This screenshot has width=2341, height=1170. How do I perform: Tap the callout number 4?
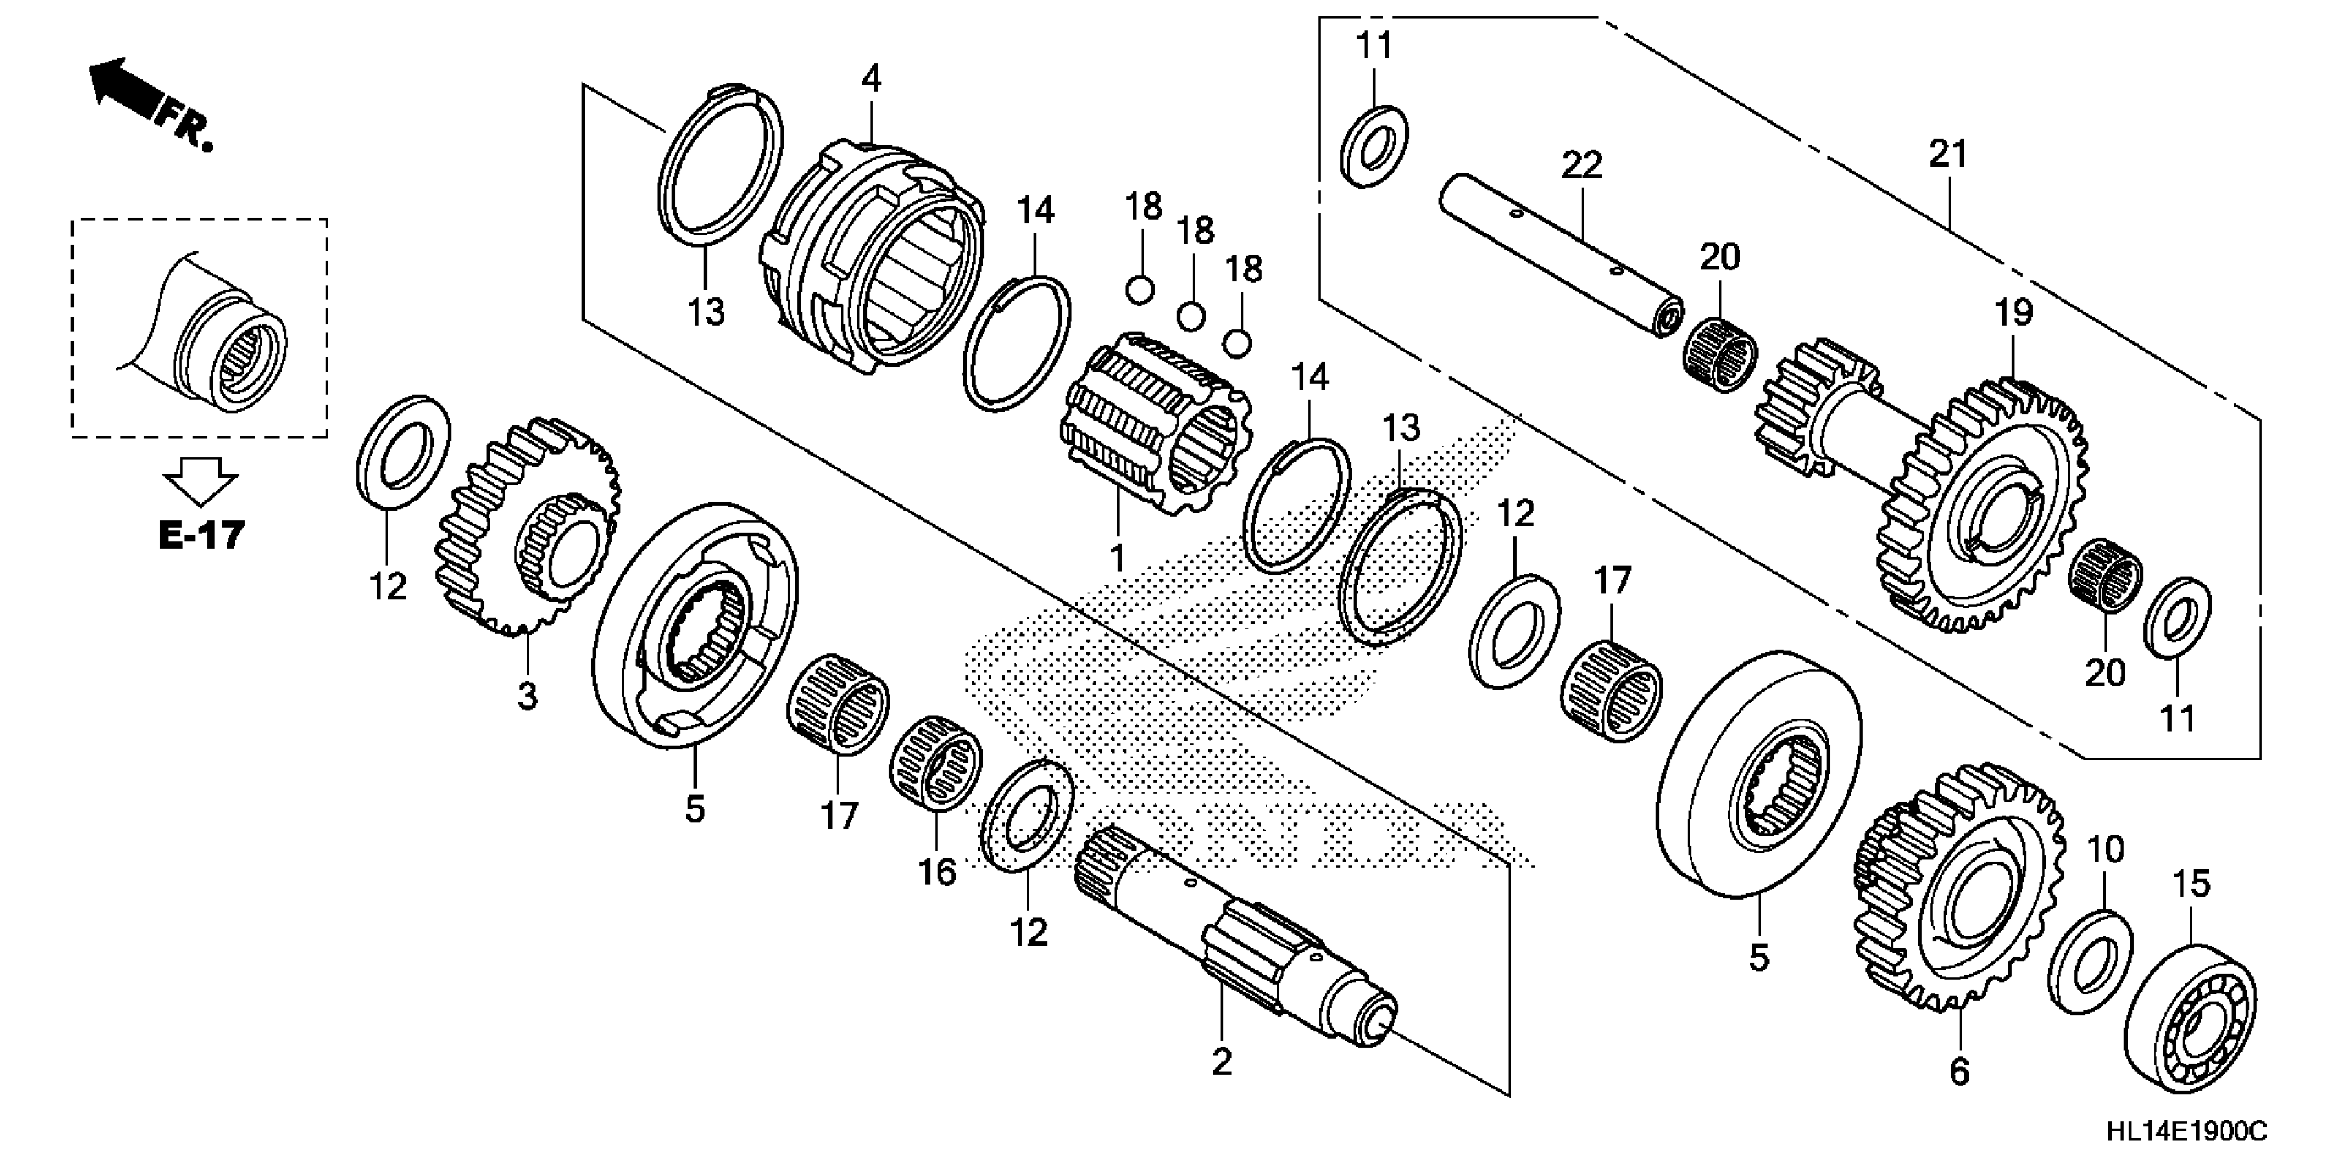click(x=870, y=80)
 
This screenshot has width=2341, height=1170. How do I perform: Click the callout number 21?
click(x=1947, y=154)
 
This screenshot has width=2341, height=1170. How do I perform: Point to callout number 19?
click(x=2013, y=313)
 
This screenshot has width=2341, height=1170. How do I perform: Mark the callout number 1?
click(x=1117, y=557)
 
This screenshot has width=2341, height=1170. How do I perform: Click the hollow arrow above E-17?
click(x=201, y=479)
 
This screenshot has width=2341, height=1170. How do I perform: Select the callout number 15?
click(x=2190, y=884)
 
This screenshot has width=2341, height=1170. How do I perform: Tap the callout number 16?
click(x=937, y=873)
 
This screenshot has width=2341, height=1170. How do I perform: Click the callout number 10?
click(x=2105, y=849)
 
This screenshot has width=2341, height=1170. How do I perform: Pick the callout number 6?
click(x=1960, y=1072)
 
